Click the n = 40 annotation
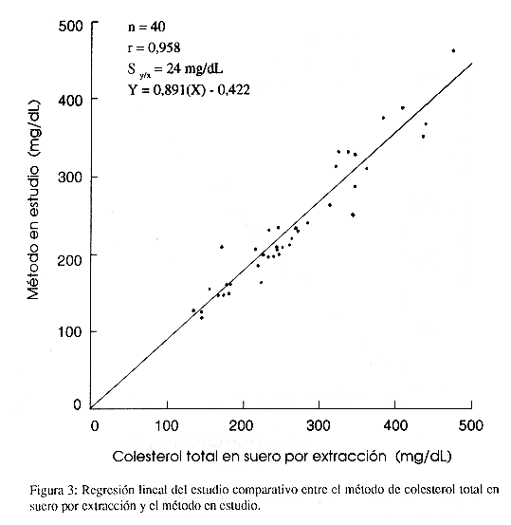click(147, 27)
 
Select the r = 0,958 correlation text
click(154, 47)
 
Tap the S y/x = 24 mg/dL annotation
click(174, 69)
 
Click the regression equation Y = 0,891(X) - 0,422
click(189, 90)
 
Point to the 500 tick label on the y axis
click(70, 26)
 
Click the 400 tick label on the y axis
click(70, 100)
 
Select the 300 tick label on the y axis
click(70, 177)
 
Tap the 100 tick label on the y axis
click(70, 332)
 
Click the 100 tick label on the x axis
click(167, 426)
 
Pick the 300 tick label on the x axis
click(319, 426)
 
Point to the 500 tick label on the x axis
click(471, 426)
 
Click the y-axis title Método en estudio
click(33, 200)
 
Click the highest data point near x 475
click(453, 51)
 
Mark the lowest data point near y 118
click(202, 318)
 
